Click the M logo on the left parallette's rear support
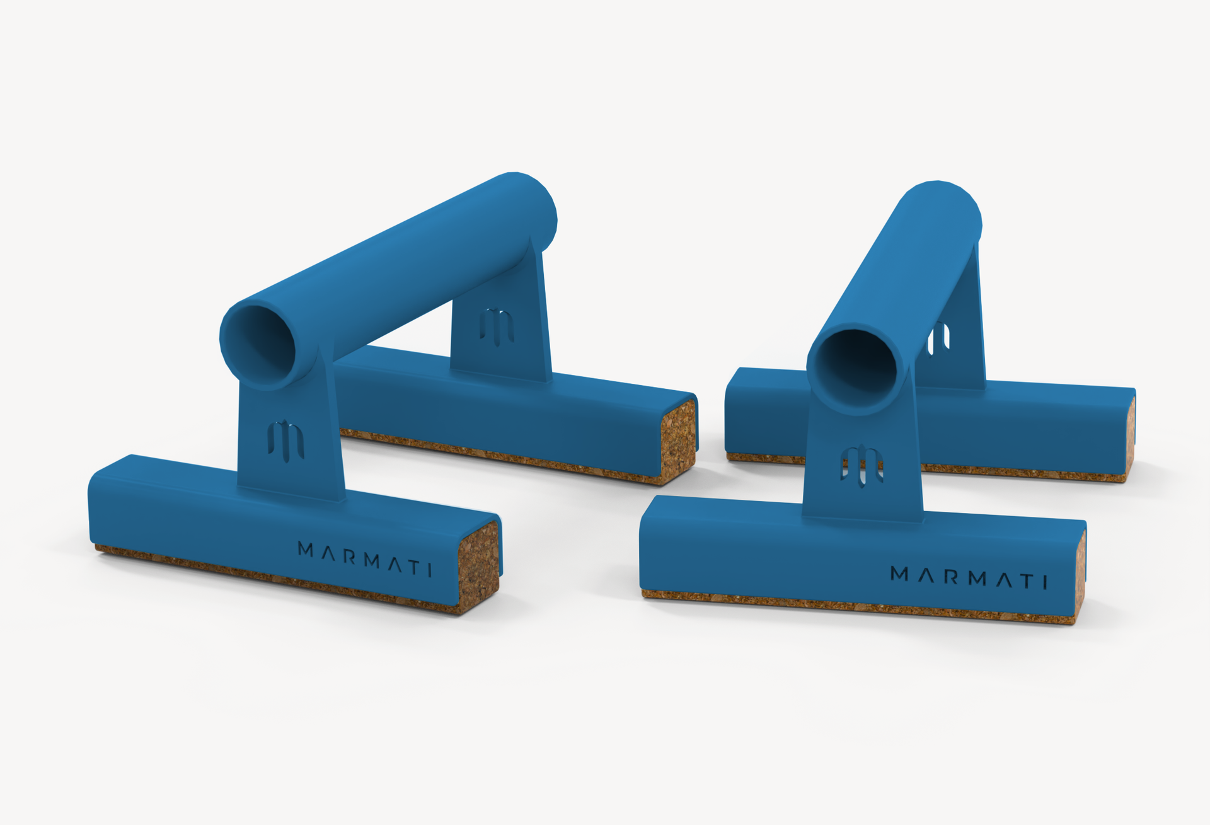coord(497,326)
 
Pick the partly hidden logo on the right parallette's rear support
coord(939,337)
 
